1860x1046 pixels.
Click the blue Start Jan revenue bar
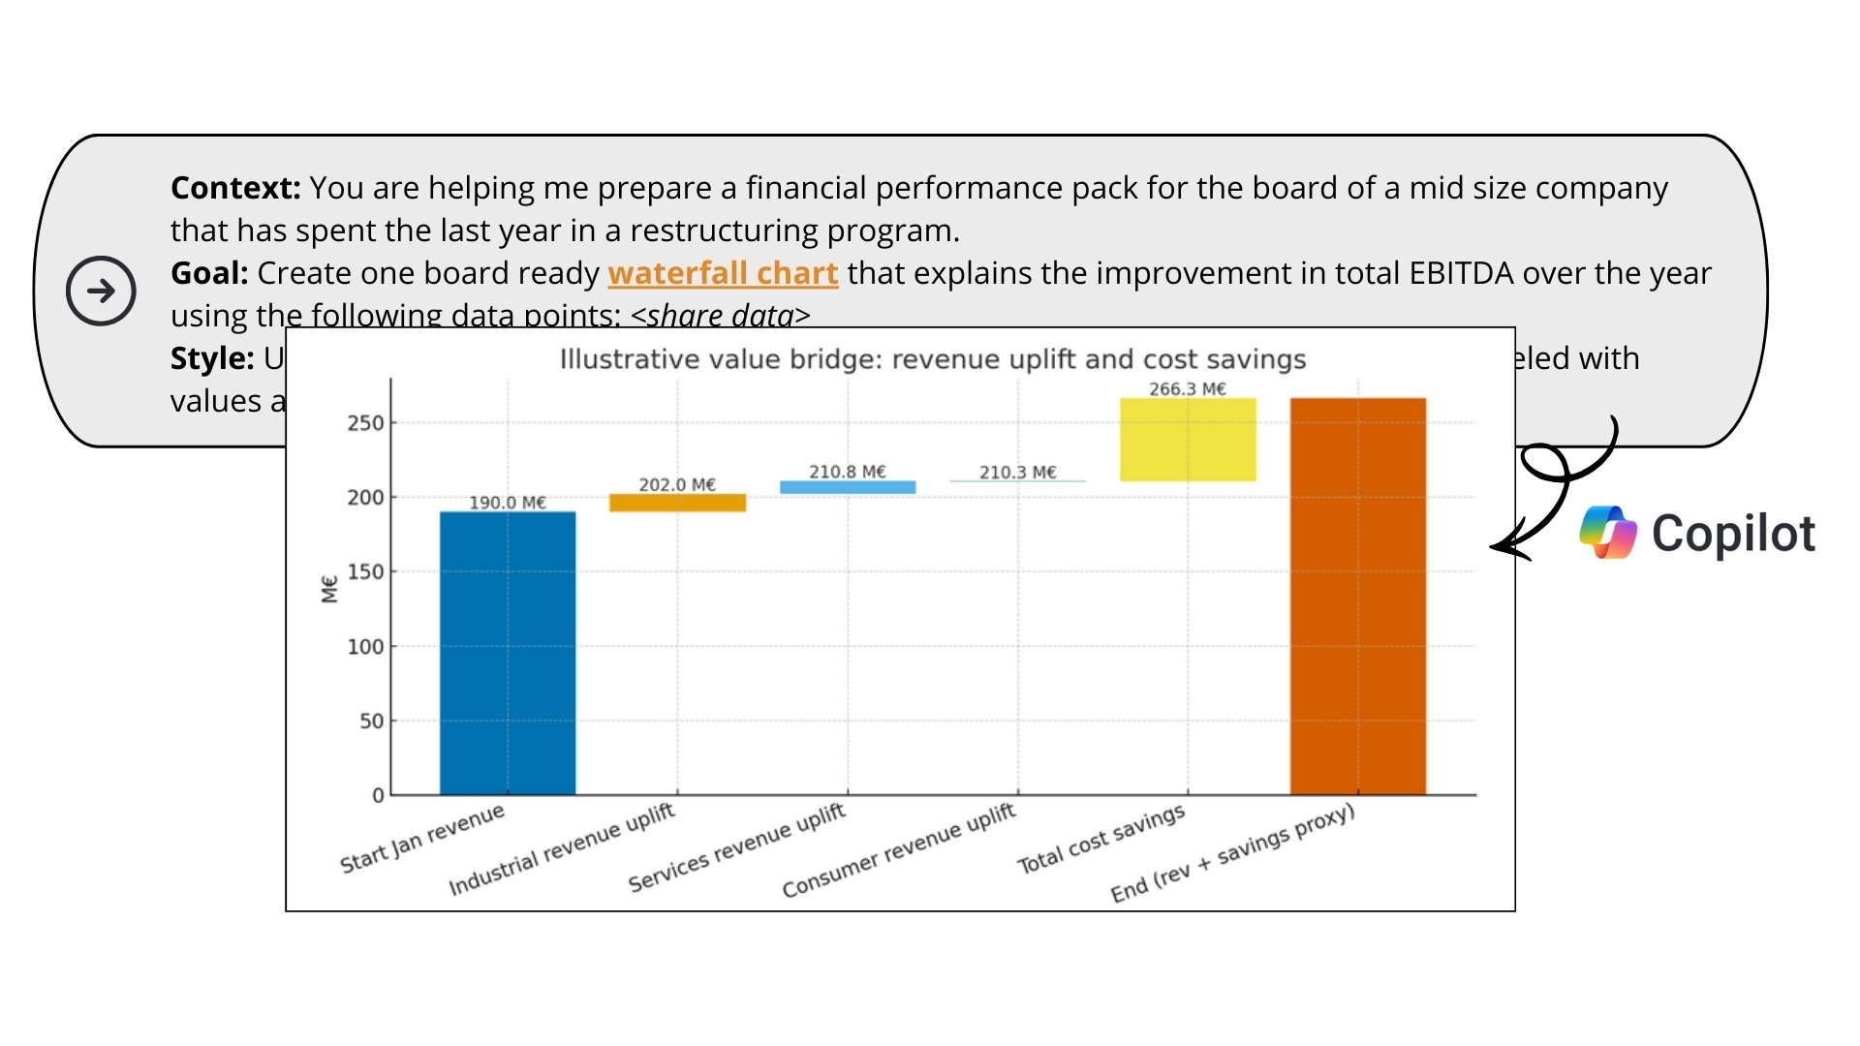click(508, 653)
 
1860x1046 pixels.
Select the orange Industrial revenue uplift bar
click(677, 503)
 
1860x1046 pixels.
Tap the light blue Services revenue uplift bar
click(848, 487)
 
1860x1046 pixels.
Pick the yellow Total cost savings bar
click(1188, 440)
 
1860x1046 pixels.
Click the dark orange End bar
click(1357, 596)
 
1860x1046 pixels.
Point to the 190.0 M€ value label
click(508, 503)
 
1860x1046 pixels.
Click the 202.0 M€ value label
click(677, 484)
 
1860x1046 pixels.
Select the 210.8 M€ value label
click(848, 472)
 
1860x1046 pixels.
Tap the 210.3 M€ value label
click(1017, 473)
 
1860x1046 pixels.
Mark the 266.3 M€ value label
click(1188, 389)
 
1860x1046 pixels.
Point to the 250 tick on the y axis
click(365, 423)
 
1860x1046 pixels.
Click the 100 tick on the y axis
click(365, 647)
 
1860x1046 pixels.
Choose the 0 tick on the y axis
click(378, 796)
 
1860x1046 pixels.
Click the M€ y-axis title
click(329, 589)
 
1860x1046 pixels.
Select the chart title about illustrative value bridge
click(932, 359)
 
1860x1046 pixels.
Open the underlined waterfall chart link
click(723, 274)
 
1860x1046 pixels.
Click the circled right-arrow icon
click(101, 291)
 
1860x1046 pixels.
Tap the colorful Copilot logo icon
click(1608, 533)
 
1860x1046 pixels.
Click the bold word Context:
click(235, 188)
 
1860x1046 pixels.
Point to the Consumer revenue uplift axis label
click(899, 850)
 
